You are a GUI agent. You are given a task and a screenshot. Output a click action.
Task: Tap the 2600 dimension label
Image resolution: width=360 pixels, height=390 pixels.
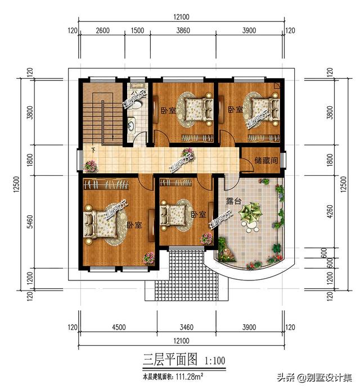102,31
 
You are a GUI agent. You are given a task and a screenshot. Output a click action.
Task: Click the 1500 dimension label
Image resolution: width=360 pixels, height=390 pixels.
137,31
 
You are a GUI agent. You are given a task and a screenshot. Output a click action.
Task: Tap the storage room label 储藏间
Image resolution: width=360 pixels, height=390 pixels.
265,161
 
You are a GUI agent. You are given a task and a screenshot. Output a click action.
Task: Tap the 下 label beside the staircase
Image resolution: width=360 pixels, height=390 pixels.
93,149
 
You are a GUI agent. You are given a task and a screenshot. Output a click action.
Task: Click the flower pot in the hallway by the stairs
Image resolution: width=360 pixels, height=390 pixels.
90,165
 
